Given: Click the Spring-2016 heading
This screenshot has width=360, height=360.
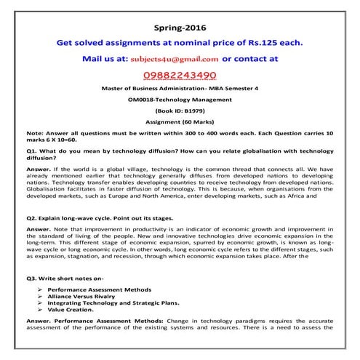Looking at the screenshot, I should click(180, 27).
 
